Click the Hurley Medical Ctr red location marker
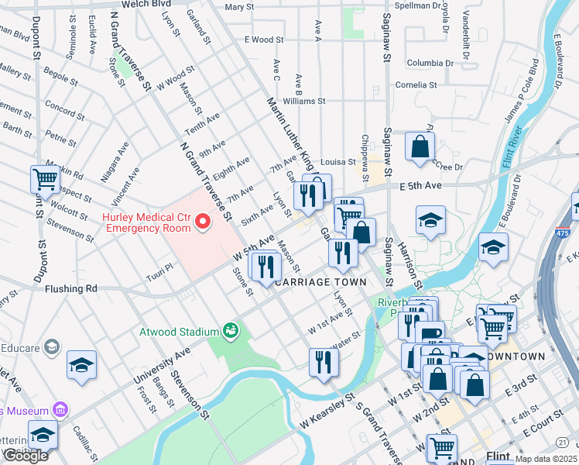204,223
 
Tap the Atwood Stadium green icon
230,331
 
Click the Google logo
26,456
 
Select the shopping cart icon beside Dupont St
46,179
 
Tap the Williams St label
304,101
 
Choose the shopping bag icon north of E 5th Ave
420,146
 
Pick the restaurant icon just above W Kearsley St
323,362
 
